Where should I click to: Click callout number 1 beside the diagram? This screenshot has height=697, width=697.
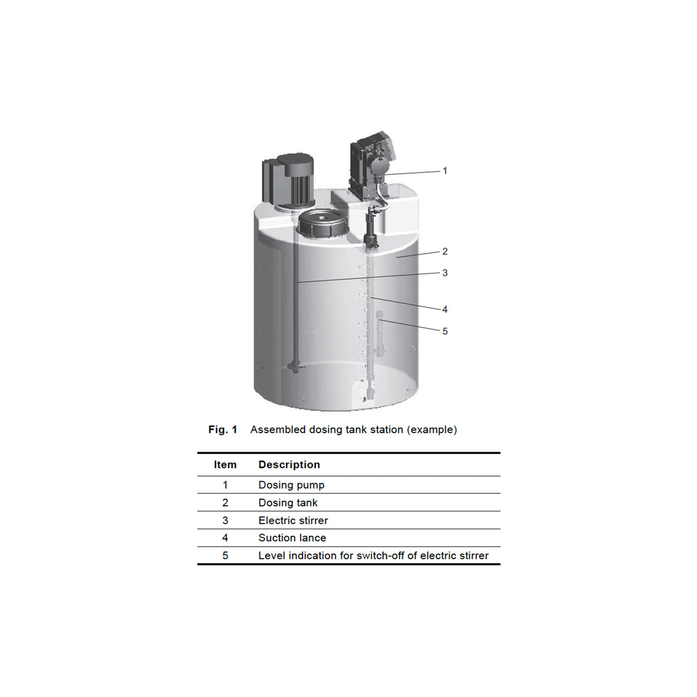click(x=445, y=171)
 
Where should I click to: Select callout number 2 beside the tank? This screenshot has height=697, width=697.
click(x=445, y=251)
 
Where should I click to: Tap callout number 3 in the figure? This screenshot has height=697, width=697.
click(x=445, y=273)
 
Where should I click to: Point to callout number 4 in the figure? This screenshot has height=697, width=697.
click(x=445, y=309)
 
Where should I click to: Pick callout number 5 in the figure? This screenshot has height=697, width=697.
click(x=445, y=331)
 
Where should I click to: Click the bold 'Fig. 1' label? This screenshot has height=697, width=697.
click(x=223, y=430)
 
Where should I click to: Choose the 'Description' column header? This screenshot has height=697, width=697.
click(x=289, y=464)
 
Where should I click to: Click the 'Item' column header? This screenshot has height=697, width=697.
click(x=225, y=464)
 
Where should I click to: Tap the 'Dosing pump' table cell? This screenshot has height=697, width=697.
click(x=291, y=485)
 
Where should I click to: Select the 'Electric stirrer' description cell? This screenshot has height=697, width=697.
click(x=293, y=520)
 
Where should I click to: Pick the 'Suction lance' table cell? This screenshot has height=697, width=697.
click(x=292, y=538)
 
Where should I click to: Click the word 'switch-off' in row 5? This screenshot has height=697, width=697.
click(x=380, y=555)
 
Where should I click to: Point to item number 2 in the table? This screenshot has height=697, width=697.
click(x=225, y=503)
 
